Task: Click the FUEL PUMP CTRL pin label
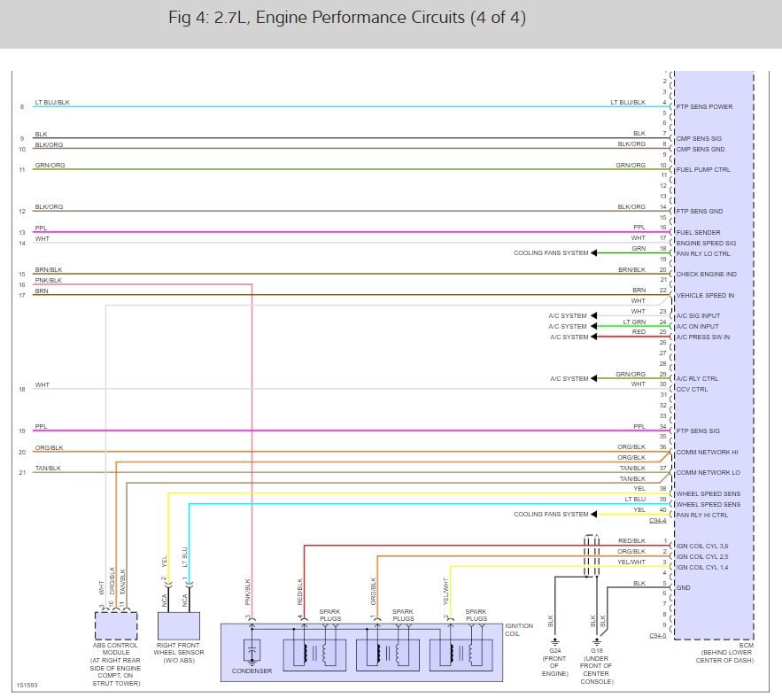(703, 169)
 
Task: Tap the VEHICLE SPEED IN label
(705, 295)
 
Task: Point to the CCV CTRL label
(692, 389)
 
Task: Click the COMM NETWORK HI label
(707, 452)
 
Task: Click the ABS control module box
(116, 625)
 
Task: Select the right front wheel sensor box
(178, 625)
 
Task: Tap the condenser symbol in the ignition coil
(252, 654)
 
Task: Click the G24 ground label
(554, 651)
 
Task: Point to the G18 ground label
(597, 651)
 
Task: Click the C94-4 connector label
(658, 521)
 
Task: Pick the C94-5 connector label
(658, 635)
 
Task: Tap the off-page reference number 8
(21, 107)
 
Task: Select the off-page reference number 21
(21, 473)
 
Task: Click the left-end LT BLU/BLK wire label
(52, 103)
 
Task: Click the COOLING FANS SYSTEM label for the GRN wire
(550, 253)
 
